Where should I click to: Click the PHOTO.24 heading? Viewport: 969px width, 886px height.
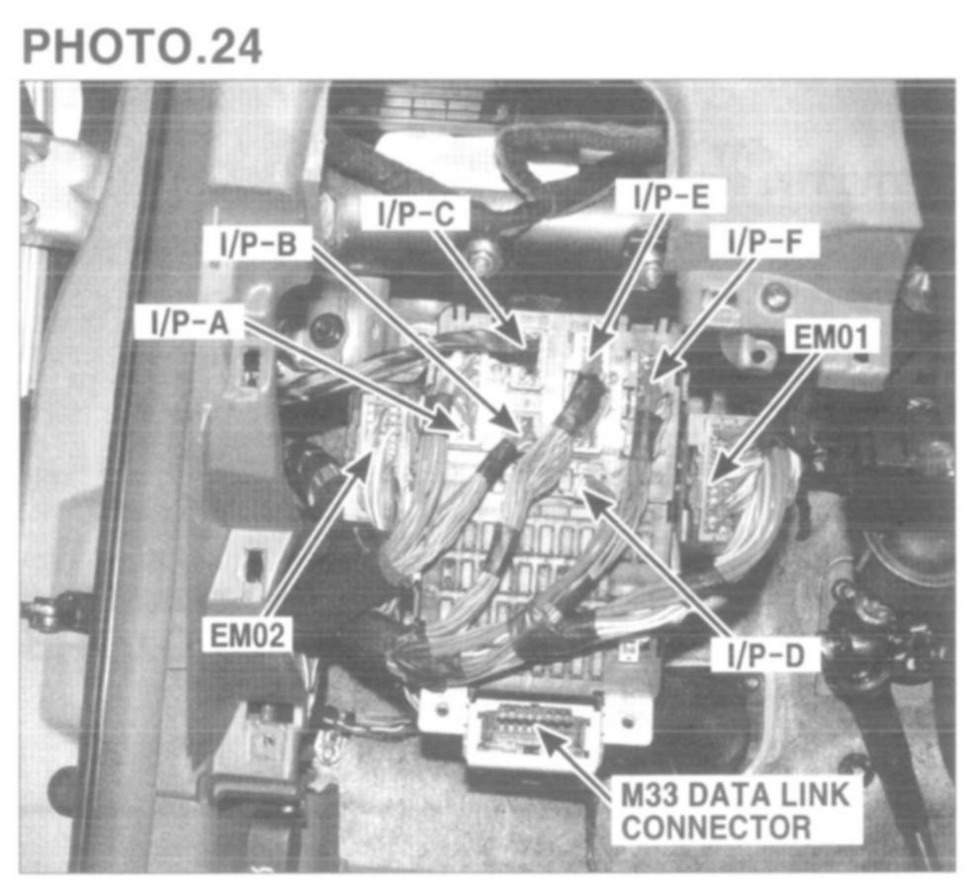(x=142, y=46)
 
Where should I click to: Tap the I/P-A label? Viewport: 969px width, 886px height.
(x=190, y=322)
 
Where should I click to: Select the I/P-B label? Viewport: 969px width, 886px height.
(x=258, y=244)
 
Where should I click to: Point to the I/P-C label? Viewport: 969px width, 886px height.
(x=416, y=214)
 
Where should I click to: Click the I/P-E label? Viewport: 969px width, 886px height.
(x=671, y=197)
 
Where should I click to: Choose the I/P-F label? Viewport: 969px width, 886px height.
(x=764, y=241)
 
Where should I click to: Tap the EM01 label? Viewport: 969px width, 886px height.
(x=831, y=337)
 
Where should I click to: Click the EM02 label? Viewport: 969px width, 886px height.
(x=248, y=635)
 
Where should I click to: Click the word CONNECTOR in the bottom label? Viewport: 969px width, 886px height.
(x=716, y=828)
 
